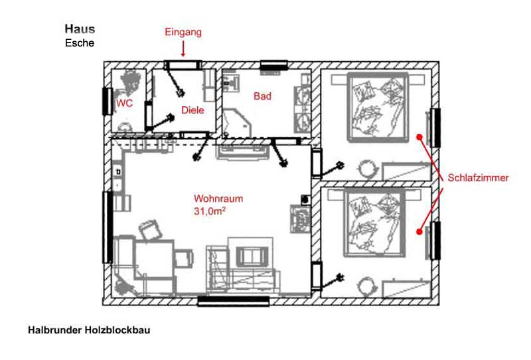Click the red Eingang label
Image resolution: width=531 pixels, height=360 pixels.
183,33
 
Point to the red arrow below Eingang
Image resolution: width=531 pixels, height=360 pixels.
183,48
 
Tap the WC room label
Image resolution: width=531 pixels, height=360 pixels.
124,104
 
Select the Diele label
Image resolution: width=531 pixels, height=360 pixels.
192,110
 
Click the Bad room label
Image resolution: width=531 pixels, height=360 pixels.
262,96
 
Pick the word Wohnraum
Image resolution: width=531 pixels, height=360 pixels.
218,199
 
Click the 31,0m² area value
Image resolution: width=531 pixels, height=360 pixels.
210,211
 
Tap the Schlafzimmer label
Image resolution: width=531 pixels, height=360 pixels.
478,177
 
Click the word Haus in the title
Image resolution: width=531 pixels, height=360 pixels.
80,29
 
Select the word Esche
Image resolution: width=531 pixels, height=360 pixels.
80,43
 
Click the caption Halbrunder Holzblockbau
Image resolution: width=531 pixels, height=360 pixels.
89,330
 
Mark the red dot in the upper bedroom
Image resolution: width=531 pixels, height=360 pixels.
419,137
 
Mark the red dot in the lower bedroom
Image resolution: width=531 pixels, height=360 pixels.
419,232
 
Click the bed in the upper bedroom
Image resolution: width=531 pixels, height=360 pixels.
378,107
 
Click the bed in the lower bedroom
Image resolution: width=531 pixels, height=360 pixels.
375,223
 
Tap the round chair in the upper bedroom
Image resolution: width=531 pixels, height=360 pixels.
367,169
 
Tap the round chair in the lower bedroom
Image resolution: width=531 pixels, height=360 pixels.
367,286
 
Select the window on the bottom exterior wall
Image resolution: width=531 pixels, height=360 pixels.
234,301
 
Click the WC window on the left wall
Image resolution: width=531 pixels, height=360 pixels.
108,101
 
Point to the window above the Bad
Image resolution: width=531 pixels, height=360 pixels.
273,65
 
